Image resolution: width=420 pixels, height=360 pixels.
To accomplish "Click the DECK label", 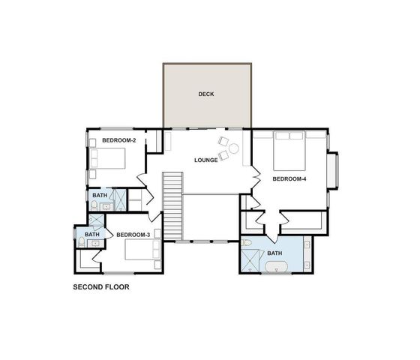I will pos(206,94).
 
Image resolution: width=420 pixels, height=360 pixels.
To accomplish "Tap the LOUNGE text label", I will pos(205,160).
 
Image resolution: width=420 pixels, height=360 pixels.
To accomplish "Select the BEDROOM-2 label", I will pos(118,141).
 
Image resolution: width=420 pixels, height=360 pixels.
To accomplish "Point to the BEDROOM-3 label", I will pos(133,235).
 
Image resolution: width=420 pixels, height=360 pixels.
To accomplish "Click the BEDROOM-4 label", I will pos(289,179).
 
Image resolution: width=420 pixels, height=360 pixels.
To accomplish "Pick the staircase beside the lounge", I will pos(173,206).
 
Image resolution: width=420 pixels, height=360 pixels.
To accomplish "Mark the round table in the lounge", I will pos(233,149).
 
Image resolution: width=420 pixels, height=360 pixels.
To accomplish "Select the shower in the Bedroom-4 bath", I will pos(252,262).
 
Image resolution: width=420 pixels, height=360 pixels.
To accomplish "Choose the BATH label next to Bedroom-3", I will pos(91,235).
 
